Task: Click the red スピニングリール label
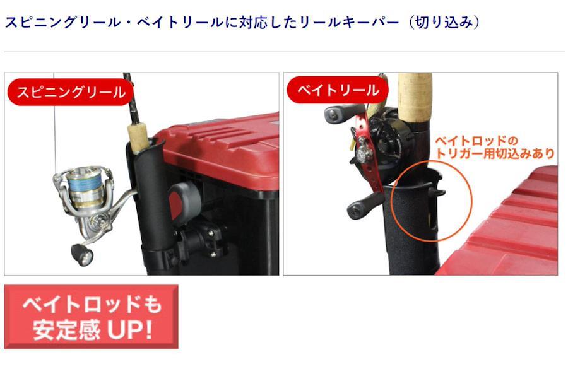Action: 70,92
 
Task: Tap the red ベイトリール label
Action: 337,90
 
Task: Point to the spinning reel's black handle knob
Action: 83,254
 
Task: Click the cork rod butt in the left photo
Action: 138,138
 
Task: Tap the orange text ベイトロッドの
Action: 476,141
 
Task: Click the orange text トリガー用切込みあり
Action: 494,153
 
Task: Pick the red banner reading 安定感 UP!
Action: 92,317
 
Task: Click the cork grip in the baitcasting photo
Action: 415,97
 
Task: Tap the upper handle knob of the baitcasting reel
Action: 337,114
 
